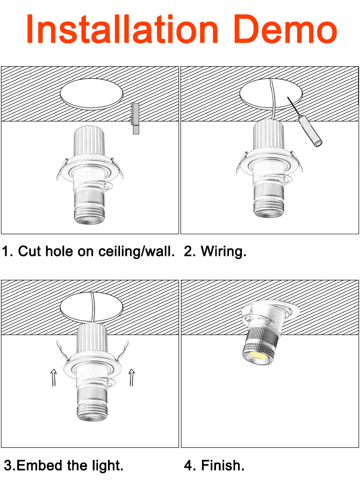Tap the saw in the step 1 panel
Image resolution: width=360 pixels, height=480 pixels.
[x=135, y=118]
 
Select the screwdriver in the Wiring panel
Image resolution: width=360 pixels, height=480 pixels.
[x=305, y=122]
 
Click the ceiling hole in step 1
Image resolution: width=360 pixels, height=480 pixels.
[x=92, y=94]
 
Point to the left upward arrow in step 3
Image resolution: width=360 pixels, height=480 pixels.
[x=54, y=377]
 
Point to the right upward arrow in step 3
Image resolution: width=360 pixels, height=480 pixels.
[x=132, y=377]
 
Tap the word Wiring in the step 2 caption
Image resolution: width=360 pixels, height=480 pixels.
[x=224, y=252]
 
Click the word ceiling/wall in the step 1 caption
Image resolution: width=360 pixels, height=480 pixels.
[x=136, y=252]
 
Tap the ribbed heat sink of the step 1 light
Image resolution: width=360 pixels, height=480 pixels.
[x=89, y=142]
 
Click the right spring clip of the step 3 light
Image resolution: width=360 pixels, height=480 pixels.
[x=122, y=351]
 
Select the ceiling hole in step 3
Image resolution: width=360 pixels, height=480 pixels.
[x=92, y=307]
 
